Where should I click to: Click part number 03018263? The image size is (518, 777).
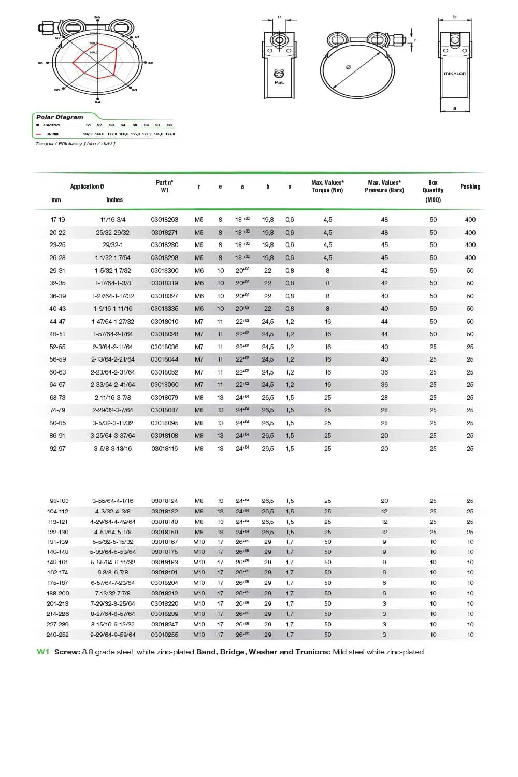coord(164,220)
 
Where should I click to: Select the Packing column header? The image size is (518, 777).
coord(470,186)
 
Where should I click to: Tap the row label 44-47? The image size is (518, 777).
coord(57,322)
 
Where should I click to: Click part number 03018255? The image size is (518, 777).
coord(164,635)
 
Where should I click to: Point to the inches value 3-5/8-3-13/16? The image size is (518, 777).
coord(112,449)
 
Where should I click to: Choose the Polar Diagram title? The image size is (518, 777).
coord(60,117)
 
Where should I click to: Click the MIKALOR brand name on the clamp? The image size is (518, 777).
coord(455,74)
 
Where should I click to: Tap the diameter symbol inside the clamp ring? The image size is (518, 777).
coord(348,67)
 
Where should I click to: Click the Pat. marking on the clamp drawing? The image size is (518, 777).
coord(279,82)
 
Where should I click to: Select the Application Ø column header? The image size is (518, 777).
coord(87,186)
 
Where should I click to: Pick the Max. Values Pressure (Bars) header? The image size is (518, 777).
coord(384,186)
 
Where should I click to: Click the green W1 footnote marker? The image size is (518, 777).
coord(42,652)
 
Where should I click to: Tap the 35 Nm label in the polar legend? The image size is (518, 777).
coord(52,134)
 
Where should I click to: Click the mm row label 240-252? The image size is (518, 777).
coord(57,635)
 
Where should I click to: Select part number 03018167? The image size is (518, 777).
coord(164,542)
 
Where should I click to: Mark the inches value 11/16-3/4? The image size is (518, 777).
coord(112,220)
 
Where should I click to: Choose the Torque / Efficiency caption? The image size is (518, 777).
coord(75,144)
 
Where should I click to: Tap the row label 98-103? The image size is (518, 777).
coord(59,501)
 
